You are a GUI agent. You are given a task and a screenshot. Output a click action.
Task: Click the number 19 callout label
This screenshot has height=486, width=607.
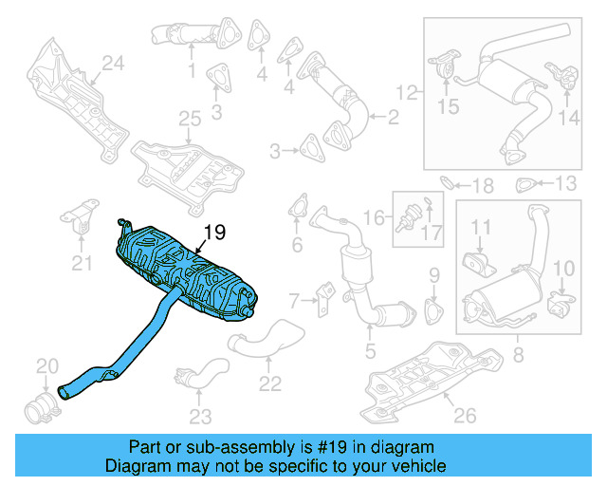tap(214, 231)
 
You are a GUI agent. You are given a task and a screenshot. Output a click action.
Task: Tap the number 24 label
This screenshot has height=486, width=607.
tap(113, 64)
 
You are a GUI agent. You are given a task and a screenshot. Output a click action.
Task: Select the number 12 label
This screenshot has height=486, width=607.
tap(406, 93)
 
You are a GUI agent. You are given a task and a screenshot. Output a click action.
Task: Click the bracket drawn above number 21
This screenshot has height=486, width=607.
tap(84, 218)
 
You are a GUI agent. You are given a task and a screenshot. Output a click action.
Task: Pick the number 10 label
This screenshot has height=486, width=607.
tap(562, 269)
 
